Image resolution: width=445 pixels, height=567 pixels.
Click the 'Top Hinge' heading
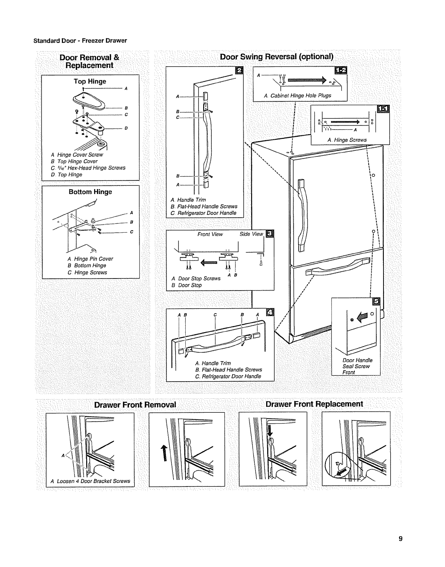90,81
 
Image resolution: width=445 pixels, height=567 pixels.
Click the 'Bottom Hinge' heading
90,192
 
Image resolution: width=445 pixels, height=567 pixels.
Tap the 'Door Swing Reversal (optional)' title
277,57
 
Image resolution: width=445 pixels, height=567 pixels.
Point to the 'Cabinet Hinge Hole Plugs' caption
297,96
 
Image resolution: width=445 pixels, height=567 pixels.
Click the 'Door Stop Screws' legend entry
196,278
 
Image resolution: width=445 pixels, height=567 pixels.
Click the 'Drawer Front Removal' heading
135,404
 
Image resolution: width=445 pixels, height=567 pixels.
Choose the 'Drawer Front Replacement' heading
314,404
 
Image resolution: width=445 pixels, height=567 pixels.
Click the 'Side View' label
251,234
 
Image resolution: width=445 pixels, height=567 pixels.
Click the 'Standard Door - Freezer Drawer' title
80,40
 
